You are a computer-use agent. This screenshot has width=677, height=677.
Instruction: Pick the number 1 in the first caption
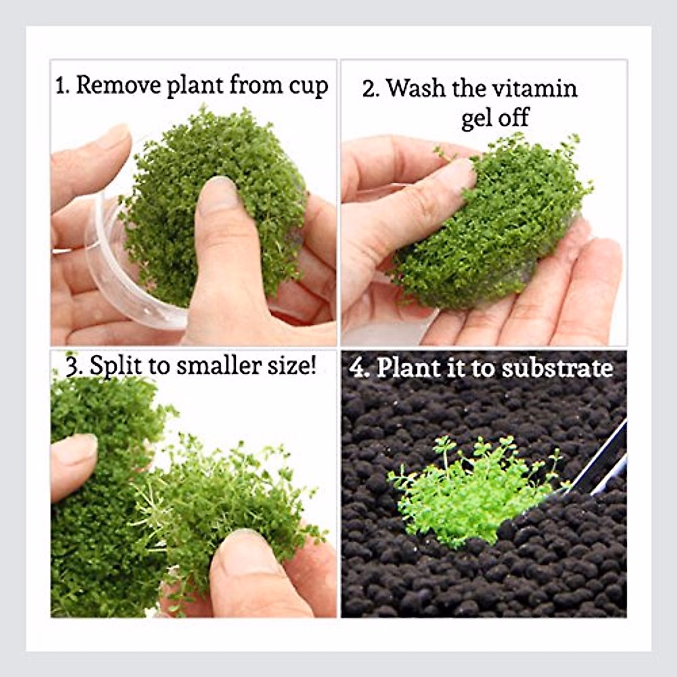(x=60, y=86)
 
